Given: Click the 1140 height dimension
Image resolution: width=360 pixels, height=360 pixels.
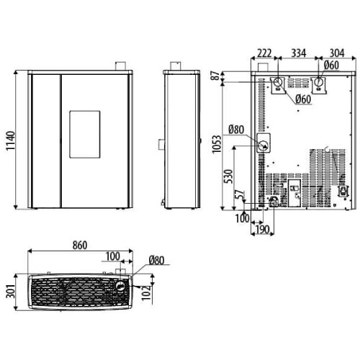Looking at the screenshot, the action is click(11, 141).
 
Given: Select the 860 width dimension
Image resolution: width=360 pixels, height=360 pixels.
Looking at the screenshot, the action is click(80, 246).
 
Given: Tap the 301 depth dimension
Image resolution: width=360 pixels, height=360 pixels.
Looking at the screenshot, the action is click(11, 292).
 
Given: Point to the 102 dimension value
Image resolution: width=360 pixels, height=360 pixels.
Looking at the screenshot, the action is click(146, 293).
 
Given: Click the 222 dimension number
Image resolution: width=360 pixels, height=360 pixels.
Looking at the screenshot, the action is click(264, 53).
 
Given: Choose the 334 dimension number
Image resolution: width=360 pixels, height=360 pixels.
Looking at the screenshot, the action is click(299, 53).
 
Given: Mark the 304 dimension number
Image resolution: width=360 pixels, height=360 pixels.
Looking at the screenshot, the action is click(337, 53).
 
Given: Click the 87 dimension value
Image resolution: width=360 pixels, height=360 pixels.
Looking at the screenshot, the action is click(217, 76).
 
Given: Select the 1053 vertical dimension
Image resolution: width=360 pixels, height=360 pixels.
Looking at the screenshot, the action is click(217, 144).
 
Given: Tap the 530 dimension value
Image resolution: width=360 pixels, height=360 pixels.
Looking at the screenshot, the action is click(230, 176).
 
